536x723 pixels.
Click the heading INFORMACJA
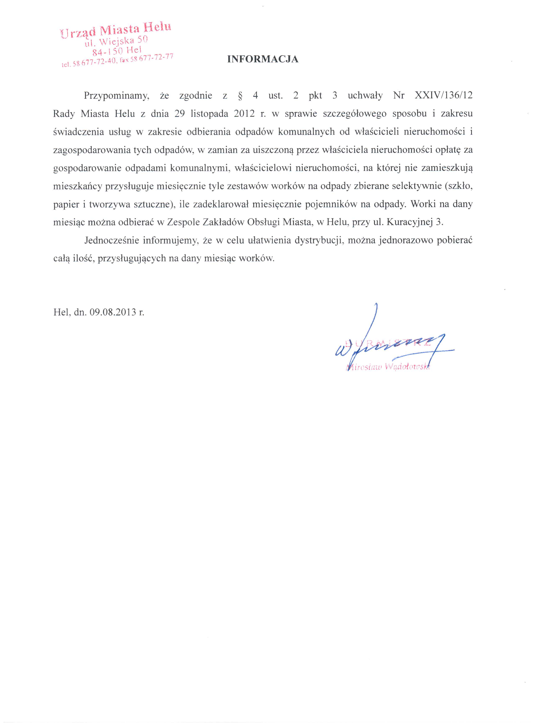point(263,59)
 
